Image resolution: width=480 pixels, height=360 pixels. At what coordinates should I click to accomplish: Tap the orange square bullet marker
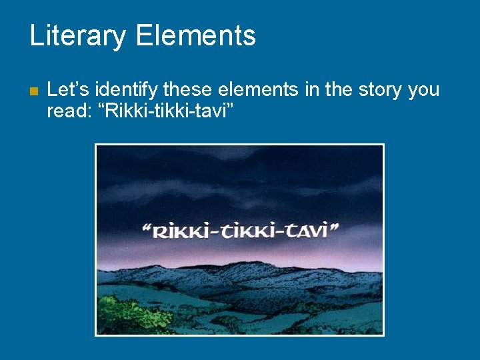tap(33, 91)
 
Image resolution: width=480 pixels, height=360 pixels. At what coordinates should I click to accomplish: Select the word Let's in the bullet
tap(68, 89)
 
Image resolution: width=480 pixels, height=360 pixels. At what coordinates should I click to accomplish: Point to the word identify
tap(126, 90)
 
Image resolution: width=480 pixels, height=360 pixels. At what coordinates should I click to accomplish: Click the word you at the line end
tap(423, 91)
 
